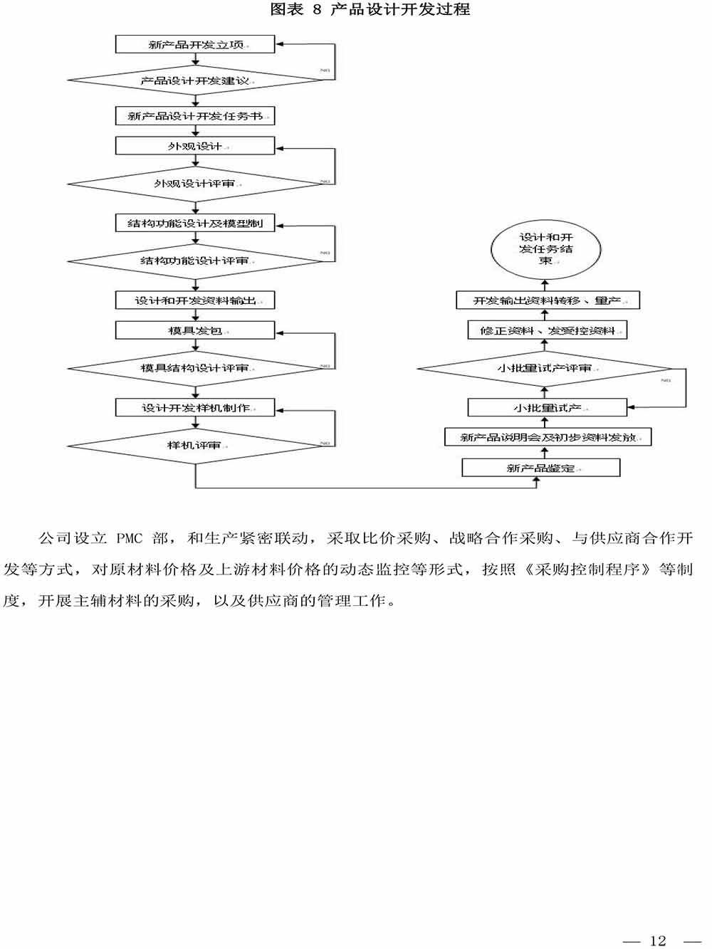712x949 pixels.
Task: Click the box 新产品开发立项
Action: tap(195, 44)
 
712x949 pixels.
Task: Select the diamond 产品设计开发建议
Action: tap(195, 80)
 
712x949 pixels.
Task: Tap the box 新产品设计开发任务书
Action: tap(195, 116)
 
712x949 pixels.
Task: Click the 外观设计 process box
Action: tap(195, 146)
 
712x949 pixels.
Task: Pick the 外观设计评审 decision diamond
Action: tap(195, 184)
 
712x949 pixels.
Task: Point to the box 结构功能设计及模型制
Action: tap(195, 224)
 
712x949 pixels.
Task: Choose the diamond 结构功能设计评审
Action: tap(195, 261)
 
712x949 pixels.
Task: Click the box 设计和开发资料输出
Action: tap(195, 300)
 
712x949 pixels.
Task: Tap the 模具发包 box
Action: tap(195, 330)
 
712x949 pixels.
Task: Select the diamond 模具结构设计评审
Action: tap(195, 368)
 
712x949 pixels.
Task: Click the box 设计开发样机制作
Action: tap(195, 408)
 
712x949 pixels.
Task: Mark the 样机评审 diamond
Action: tap(195, 446)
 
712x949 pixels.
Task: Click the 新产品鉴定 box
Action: tap(541, 468)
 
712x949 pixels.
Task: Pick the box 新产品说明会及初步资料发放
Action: tap(548, 437)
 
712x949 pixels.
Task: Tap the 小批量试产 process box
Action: tap(547, 408)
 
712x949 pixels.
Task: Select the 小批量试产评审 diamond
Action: tap(545, 369)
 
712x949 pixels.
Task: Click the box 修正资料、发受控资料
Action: tap(547, 330)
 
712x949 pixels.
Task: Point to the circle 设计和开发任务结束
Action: tap(546, 249)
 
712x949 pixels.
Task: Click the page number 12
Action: tap(658, 940)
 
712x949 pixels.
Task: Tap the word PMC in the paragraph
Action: tap(130, 539)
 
